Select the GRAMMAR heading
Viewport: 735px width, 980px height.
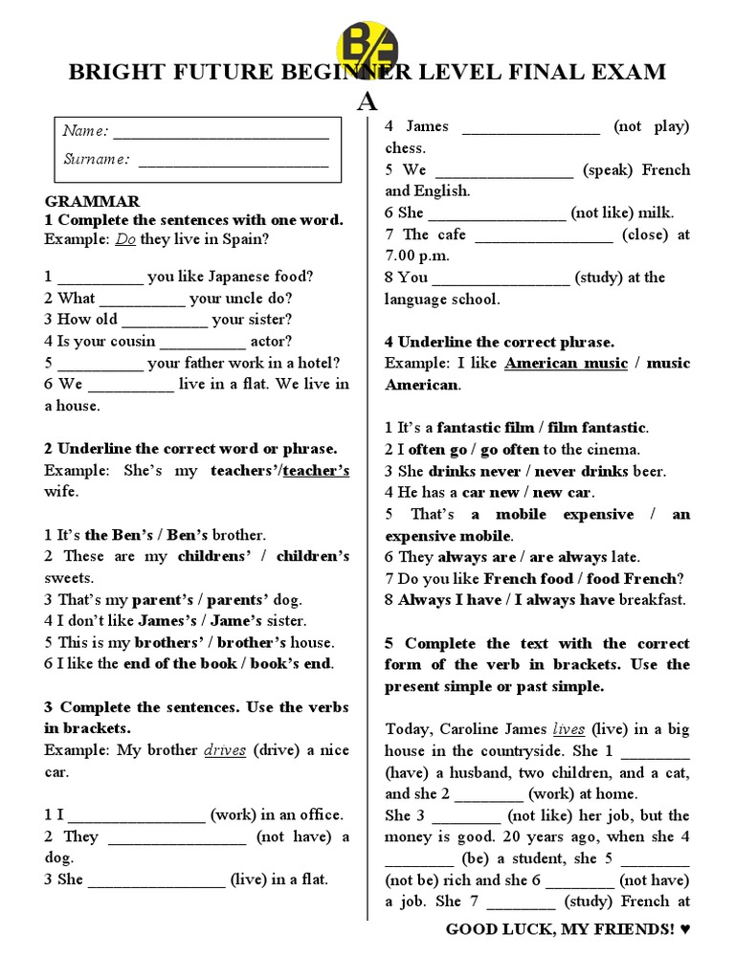point(92,201)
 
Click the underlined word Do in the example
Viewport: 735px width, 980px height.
point(125,239)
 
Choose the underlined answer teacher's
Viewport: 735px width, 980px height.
point(317,470)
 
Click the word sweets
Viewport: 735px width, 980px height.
point(69,578)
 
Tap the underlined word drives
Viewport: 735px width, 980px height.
point(225,750)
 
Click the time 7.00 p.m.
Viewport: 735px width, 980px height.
point(417,256)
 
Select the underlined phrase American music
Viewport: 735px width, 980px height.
point(566,363)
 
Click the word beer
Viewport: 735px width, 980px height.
point(650,471)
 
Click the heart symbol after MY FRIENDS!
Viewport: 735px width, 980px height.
point(683,929)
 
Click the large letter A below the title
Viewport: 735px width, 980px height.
point(367,101)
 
